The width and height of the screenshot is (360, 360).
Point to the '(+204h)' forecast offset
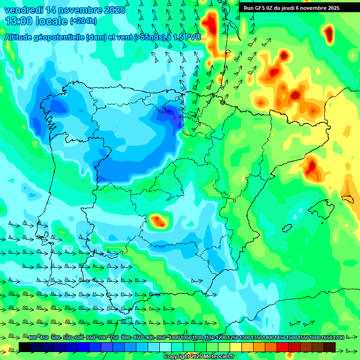[x=83, y=21]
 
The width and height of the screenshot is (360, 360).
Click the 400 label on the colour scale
[x=32, y=337]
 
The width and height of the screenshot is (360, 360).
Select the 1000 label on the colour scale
[x=174, y=337]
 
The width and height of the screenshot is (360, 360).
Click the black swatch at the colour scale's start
[x=25, y=347]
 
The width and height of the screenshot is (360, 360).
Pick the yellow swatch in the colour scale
[x=236, y=347]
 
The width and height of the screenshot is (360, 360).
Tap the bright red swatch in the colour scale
[x=283, y=347]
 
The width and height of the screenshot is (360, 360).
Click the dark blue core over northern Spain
[x=174, y=115]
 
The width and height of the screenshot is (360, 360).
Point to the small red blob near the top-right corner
[x=329, y=33]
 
